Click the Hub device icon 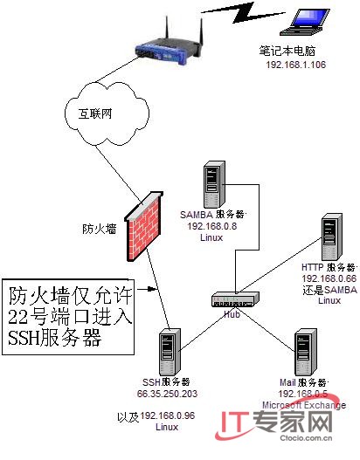[235, 299]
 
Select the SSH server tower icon [169, 353]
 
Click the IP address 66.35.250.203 [167, 394]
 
